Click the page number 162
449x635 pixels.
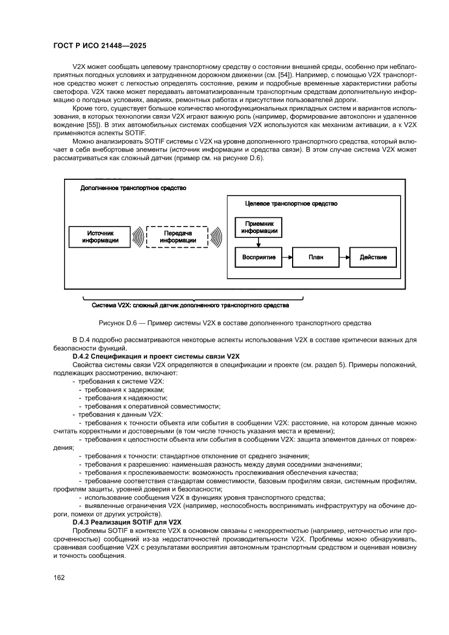point(59,577)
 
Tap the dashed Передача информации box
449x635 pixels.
point(178,237)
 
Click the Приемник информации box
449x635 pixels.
point(258,227)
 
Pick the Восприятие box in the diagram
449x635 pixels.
point(258,257)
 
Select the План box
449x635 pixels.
point(315,257)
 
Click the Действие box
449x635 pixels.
point(373,257)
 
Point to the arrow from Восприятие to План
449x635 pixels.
point(287,257)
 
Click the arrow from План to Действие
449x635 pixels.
point(344,257)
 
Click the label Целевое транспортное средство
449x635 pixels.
point(291,204)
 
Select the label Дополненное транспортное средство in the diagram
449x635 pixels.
point(133,188)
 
